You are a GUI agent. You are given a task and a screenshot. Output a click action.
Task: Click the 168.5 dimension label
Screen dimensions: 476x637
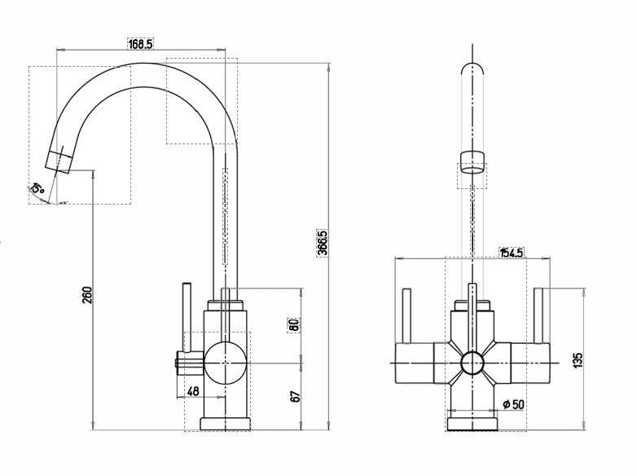140,44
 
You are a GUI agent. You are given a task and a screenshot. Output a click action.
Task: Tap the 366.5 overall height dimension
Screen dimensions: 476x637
323,243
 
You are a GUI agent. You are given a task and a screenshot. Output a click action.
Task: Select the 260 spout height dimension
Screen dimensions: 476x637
87,294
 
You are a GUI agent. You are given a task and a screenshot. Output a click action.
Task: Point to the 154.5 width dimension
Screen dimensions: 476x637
511,253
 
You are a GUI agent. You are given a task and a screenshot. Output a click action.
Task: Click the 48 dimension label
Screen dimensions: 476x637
193,391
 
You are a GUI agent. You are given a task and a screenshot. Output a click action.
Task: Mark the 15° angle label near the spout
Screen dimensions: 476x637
37,189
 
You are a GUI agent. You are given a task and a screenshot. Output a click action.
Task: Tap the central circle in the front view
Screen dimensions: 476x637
472,364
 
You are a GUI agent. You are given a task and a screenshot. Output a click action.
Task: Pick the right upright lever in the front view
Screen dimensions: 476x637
538,316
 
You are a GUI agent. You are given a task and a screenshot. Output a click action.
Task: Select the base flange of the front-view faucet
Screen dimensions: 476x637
472,423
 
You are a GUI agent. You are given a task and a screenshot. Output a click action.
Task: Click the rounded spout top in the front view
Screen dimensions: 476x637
472,69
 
